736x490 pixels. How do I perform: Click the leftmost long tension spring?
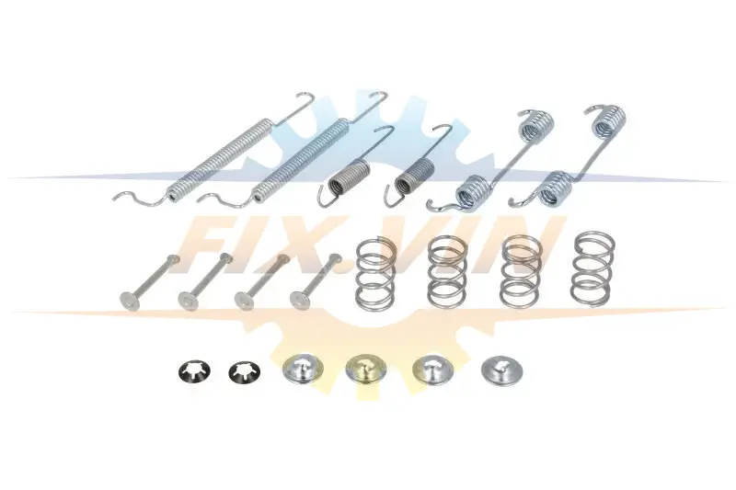click(220, 160)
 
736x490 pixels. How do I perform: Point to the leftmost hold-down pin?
click(149, 281)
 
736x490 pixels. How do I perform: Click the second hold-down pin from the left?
click(205, 281)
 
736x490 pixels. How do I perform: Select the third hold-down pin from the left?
click(261, 281)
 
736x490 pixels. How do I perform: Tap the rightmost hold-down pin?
click(316, 281)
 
